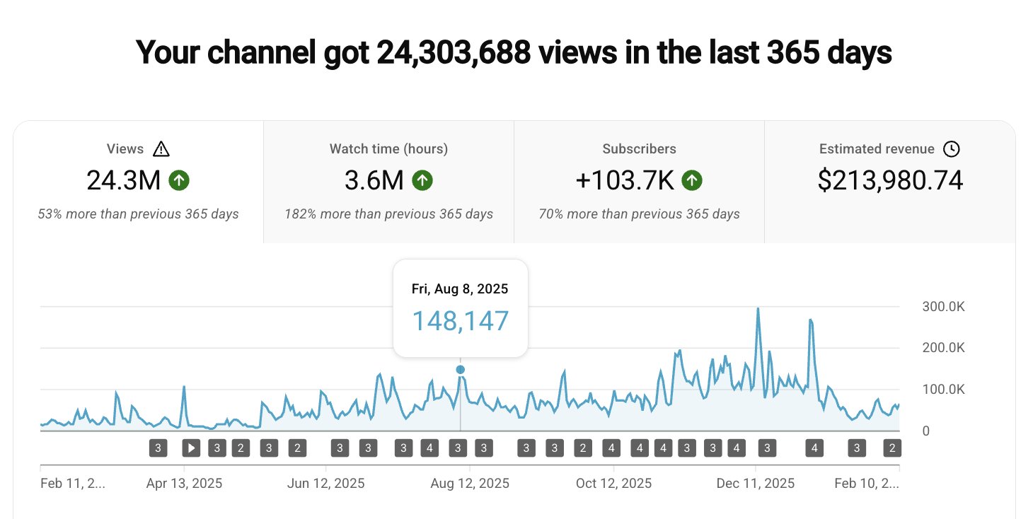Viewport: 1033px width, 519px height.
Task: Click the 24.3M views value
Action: click(124, 181)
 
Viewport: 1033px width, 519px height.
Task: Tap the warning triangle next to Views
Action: click(161, 149)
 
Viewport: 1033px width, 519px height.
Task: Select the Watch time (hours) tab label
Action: click(388, 149)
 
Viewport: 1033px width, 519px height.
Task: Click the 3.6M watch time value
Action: click(374, 181)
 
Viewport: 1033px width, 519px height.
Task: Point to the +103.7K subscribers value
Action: click(625, 181)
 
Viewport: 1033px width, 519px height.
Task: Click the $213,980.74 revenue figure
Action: click(890, 181)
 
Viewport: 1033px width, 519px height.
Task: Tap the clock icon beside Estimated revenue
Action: click(952, 149)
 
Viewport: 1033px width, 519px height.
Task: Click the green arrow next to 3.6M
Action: click(422, 181)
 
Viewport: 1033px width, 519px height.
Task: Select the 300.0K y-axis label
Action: click(943, 307)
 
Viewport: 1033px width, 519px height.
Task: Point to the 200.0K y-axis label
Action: click(943, 348)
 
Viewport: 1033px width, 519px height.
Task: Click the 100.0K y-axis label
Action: click(943, 390)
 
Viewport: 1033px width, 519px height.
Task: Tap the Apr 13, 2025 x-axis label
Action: click(184, 484)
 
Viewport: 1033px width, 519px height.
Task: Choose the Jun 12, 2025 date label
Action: click(327, 484)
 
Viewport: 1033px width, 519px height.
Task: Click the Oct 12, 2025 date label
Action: click(613, 484)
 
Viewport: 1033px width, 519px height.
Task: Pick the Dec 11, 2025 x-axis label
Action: click(756, 484)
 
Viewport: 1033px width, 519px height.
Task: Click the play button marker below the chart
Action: click(191, 448)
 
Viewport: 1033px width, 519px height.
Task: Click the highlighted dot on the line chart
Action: click(461, 369)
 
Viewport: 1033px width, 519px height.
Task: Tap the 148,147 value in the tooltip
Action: click(460, 321)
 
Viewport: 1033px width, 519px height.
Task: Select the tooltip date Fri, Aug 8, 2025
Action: click(460, 289)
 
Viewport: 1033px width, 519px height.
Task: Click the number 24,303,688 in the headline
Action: click(454, 53)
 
